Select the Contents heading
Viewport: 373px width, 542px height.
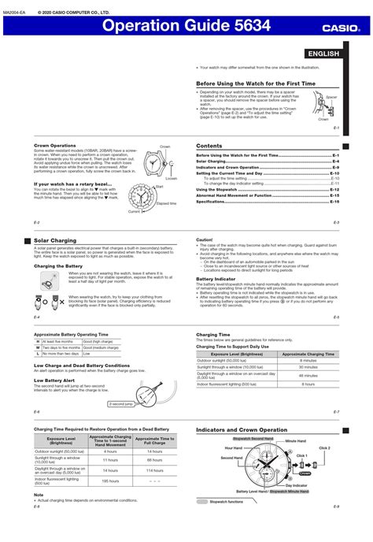click(x=209, y=147)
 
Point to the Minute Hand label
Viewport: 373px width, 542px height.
click(x=295, y=440)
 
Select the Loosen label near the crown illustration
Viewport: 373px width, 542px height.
click(x=172, y=179)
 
